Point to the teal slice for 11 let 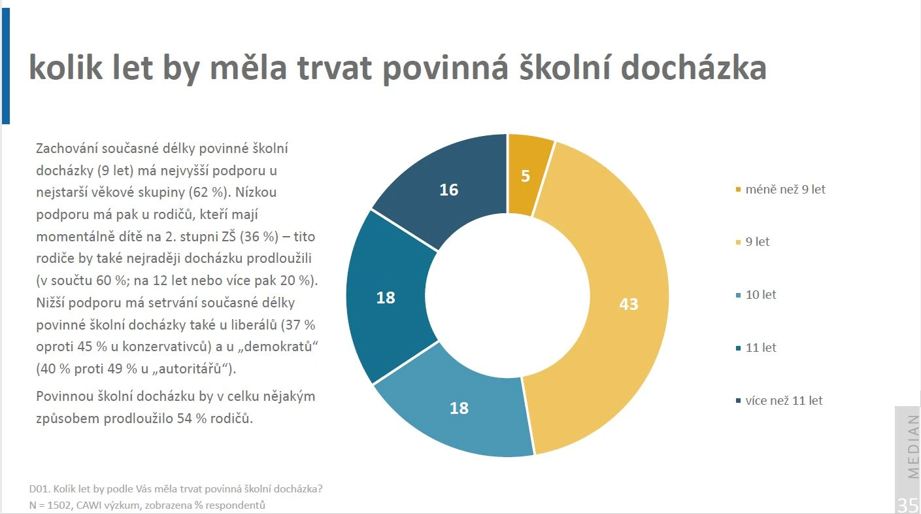pyautogui.click(x=386, y=298)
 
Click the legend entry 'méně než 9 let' pyautogui.click(x=780, y=190)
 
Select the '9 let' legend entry pyautogui.click(x=752, y=242)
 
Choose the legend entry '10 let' pyautogui.click(x=756, y=295)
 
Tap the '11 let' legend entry pyautogui.click(x=756, y=348)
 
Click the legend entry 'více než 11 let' pyautogui.click(x=779, y=400)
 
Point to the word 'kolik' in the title pyautogui.click(x=65, y=67)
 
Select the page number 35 pyautogui.click(x=907, y=505)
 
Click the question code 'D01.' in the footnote pyautogui.click(x=39, y=489)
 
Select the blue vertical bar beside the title pyautogui.click(x=6, y=66)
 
